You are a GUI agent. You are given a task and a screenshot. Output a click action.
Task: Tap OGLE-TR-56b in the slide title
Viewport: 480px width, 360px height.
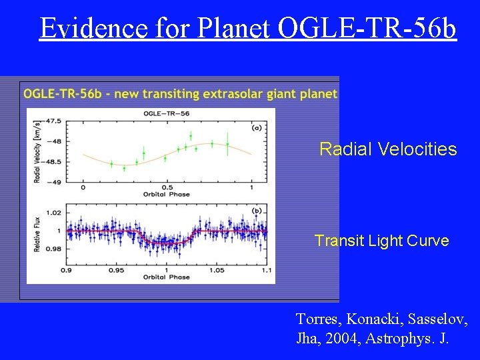[366, 27]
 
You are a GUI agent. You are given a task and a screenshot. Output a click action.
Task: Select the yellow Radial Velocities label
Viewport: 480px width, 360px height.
[388, 149]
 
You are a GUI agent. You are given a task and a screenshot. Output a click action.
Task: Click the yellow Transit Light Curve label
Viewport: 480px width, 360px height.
[381, 241]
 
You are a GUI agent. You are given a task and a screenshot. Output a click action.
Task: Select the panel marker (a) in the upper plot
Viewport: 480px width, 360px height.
[256, 127]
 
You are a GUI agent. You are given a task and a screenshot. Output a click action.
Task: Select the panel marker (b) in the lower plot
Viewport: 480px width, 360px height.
[256, 211]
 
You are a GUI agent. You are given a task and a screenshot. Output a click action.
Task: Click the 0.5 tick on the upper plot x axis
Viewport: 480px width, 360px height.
[167, 188]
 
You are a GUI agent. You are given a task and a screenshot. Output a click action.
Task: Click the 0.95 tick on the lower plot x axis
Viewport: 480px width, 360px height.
[117, 271]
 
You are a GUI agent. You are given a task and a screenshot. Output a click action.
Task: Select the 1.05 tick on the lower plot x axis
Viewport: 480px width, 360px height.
[217, 271]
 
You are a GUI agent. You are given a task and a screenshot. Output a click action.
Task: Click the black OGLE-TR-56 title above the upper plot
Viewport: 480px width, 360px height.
[167, 113]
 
